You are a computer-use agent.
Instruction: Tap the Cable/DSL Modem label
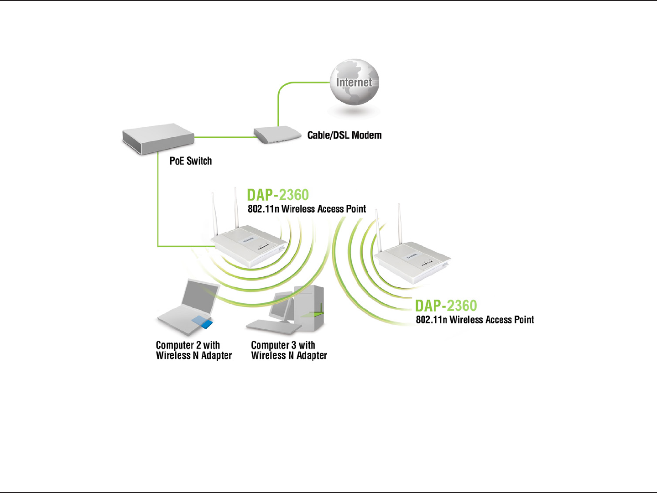coord(344,135)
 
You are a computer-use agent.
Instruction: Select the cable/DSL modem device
coord(277,135)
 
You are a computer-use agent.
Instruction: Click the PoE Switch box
coord(158,138)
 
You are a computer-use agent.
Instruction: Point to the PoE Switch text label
coord(191,161)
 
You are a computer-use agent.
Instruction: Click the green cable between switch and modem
coord(224,136)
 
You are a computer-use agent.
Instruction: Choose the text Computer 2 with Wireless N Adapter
coord(193,350)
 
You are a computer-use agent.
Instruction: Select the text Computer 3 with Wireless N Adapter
coord(289,350)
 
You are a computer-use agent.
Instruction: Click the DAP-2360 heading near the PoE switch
coord(278,195)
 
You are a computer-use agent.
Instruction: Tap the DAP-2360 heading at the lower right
coord(446,306)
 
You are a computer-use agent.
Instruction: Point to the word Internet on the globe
coord(354,83)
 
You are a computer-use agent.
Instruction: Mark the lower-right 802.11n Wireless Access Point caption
coord(474,320)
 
